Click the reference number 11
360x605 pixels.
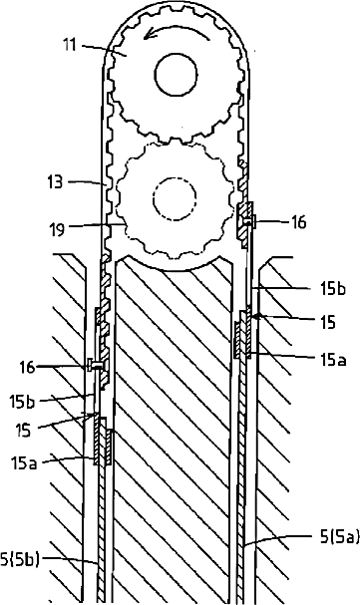click(x=70, y=45)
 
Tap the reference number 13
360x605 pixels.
click(x=55, y=181)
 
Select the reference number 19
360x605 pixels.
click(x=57, y=230)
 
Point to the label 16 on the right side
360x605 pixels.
click(x=298, y=222)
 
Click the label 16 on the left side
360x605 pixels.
click(x=27, y=367)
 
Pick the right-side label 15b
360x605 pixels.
click(x=333, y=289)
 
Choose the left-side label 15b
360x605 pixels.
click(x=22, y=402)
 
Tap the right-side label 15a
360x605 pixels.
click(x=333, y=360)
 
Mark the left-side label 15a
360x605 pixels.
click(x=24, y=462)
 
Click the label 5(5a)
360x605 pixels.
click(x=339, y=536)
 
